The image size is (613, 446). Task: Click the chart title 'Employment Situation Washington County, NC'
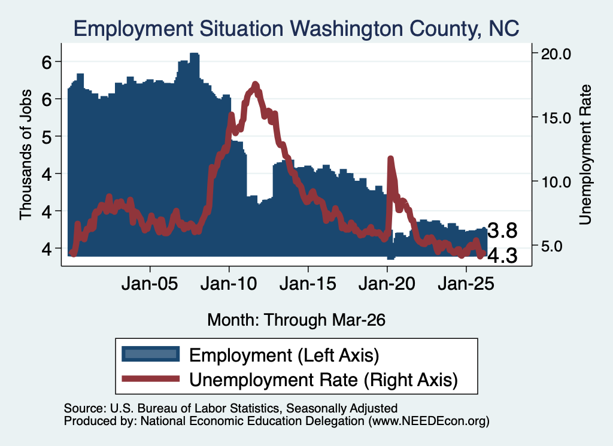(296, 29)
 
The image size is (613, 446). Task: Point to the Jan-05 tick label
(150, 283)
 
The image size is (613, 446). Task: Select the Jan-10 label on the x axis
(229, 283)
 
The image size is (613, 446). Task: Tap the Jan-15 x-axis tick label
(308, 283)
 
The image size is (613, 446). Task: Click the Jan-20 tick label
(387, 283)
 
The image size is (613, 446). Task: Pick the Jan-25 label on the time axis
(466, 283)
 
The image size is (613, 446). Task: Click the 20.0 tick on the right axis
(556, 54)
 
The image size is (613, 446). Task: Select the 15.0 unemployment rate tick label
(556, 118)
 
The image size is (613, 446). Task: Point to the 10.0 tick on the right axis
(556, 182)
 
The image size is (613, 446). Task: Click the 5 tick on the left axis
(47, 136)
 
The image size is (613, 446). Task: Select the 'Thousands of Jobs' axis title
(25, 155)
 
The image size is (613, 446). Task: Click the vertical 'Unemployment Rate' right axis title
(585, 155)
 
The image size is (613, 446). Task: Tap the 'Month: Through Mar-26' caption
(296, 320)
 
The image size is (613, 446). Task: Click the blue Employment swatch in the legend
(150, 354)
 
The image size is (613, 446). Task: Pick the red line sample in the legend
(150, 379)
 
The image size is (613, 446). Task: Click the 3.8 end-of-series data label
(503, 230)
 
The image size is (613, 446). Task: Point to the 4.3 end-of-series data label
(503, 256)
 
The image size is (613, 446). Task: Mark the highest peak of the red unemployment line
(256, 84)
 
